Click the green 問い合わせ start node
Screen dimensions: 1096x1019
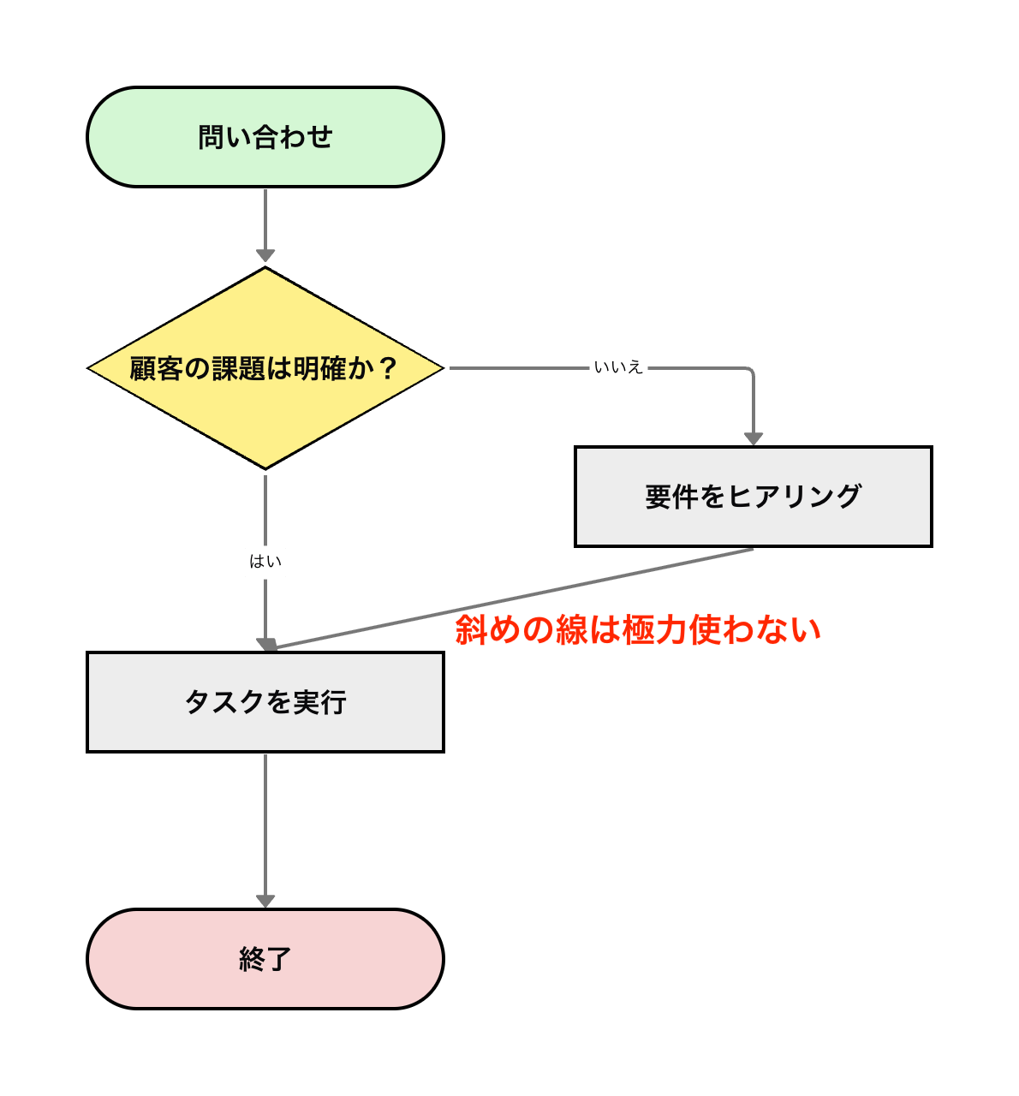tap(265, 137)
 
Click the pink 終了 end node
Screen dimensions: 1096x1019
tap(265, 959)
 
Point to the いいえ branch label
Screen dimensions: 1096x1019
tap(618, 368)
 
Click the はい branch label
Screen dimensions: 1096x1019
tap(265, 563)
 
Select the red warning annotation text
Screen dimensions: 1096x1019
tap(638, 631)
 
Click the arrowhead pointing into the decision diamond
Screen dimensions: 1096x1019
tap(265, 255)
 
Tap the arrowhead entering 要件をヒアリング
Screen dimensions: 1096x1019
tap(753, 438)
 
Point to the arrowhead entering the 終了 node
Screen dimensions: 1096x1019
tap(265, 901)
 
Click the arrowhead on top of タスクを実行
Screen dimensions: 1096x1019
tap(265, 644)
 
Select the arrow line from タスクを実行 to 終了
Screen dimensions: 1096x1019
tap(265, 822)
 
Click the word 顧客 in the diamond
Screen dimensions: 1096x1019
tap(157, 368)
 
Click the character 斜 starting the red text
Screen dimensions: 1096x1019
tap(471, 631)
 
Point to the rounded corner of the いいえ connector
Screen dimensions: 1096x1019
tap(750, 371)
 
